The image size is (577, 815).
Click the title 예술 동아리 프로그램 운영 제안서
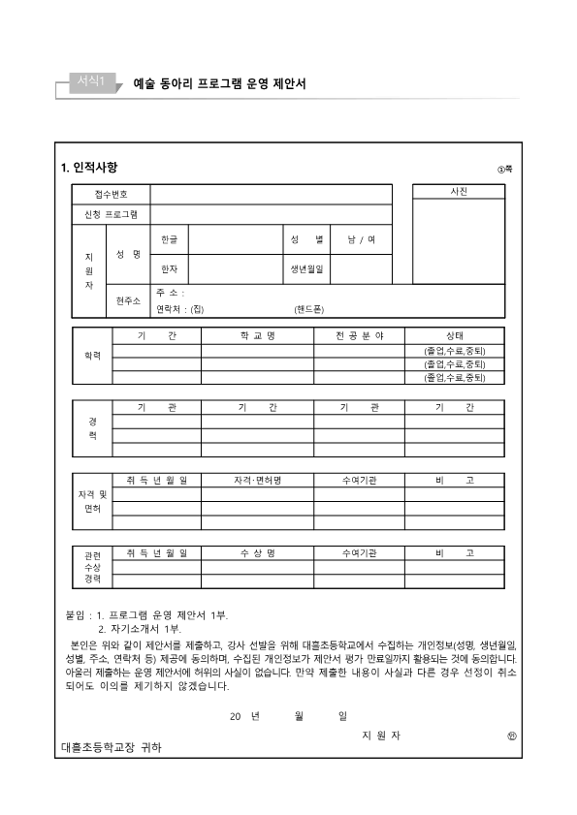[x=219, y=84]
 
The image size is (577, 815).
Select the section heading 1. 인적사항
[x=89, y=169]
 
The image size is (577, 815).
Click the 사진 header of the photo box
[x=459, y=192]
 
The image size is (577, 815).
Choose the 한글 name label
[x=170, y=238]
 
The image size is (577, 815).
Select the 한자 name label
[x=170, y=268]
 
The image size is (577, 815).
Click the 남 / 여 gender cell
[x=361, y=238]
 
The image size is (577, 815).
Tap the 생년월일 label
[x=305, y=268]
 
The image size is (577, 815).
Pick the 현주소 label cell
[x=128, y=300]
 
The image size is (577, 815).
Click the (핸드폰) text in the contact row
[x=309, y=309]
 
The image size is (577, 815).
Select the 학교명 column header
[x=258, y=335]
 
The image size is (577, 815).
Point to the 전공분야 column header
[x=360, y=335]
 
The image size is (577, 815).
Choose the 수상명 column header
[x=258, y=552]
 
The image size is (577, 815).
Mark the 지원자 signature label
[x=380, y=736]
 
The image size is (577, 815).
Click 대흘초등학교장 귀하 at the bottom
[x=112, y=748]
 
